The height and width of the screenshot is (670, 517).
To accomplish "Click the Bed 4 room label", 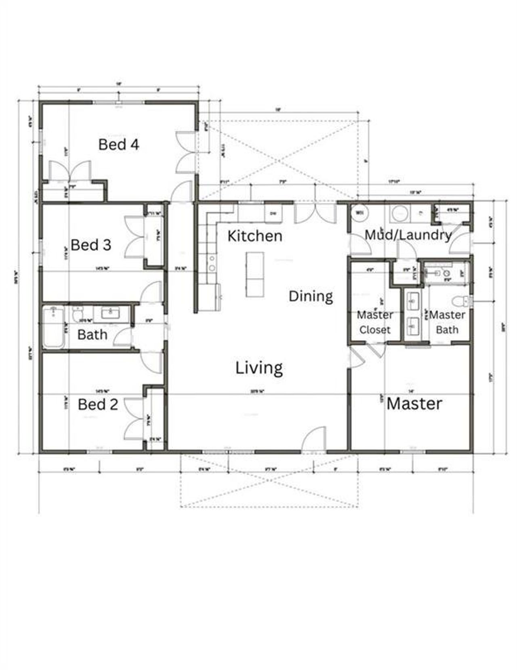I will tap(119, 144).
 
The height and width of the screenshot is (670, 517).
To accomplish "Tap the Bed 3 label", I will tap(90, 245).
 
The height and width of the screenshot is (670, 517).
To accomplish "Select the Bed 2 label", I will tap(98, 404).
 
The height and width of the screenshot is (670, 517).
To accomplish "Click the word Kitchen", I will tap(254, 236).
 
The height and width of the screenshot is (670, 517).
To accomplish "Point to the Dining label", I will tap(311, 296).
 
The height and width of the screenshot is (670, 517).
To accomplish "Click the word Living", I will tap(259, 368).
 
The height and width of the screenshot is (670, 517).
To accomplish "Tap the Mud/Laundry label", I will tap(408, 235).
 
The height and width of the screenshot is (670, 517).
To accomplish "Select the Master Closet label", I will tap(375, 322).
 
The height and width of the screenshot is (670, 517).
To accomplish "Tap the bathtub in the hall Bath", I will tap(53, 327).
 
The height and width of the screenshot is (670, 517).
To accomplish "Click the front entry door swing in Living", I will tap(314, 438).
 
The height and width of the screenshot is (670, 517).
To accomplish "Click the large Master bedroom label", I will tap(414, 404).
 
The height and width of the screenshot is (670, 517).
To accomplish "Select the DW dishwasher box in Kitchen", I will tap(273, 213).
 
